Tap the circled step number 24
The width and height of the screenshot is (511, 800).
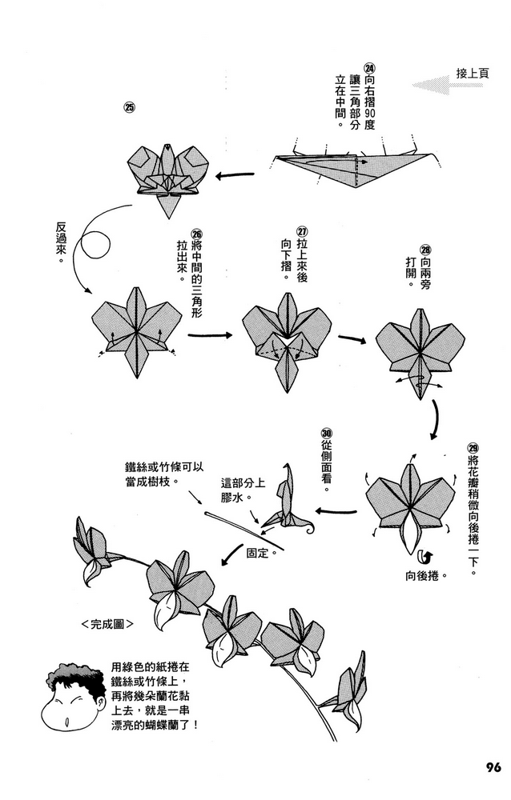(x=369, y=68)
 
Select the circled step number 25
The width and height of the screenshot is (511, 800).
(x=129, y=106)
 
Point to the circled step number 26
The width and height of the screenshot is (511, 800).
(x=197, y=234)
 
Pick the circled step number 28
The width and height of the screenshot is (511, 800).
(x=424, y=249)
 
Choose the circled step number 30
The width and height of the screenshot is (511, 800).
(x=326, y=432)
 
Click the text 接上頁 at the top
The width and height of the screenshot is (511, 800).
(x=473, y=73)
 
